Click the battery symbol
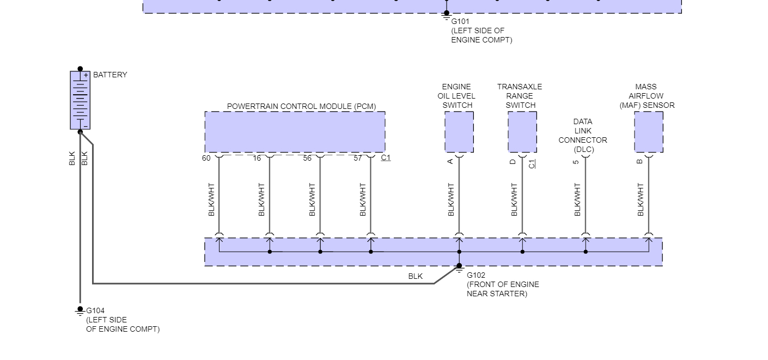[x=80, y=100]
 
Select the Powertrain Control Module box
[x=295, y=132]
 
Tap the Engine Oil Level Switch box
[x=459, y=132]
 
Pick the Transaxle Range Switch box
[x=522, y=132]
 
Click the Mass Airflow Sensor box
[x=648, y=132]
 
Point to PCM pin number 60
[x=206, y=158]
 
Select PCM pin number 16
[x=257, y=158]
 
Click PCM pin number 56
[x=307, y=158]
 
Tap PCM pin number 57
[x=358, y=158]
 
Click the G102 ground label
[x=476, y=275]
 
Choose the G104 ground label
[x=95, y=311]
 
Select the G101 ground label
[x=460, y=21]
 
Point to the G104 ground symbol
[x=80, y=310]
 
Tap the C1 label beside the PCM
[x=386, y=158]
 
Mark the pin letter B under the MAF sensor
[x=640, y=161]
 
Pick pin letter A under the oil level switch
[x=450, y=161]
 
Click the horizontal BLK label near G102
[x=416, y=276]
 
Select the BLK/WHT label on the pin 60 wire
[x=212, y=199]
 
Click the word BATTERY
[x=110, y=75]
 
